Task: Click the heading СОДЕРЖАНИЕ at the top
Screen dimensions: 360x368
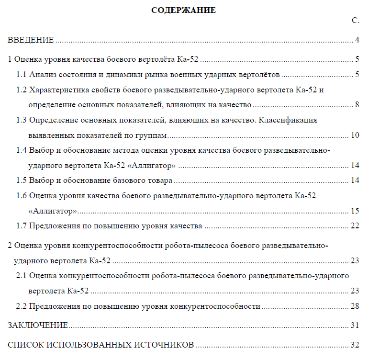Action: [183, 10]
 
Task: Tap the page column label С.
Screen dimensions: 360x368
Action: [355, 21]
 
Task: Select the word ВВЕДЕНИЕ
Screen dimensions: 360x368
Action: [31, 40]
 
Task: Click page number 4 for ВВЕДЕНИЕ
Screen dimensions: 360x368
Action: [357, 40]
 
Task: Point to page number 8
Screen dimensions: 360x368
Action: [357, 105]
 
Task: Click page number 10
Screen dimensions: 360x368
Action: [355, 135]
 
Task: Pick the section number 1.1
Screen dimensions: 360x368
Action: [21, 75]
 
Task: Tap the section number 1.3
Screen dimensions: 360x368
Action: [21, 120]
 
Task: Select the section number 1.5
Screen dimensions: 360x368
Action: [21, 180]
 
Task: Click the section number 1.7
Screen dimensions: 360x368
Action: [21, 225]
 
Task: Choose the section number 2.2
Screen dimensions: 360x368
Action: [21, 306]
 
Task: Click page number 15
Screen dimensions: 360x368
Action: [355, 211]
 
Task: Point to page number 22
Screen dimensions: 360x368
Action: [355, 225]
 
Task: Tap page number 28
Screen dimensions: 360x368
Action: [355, 306]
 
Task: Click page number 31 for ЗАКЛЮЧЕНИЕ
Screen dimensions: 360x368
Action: [355, 326]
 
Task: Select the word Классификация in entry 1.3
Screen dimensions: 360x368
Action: [292, 120]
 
